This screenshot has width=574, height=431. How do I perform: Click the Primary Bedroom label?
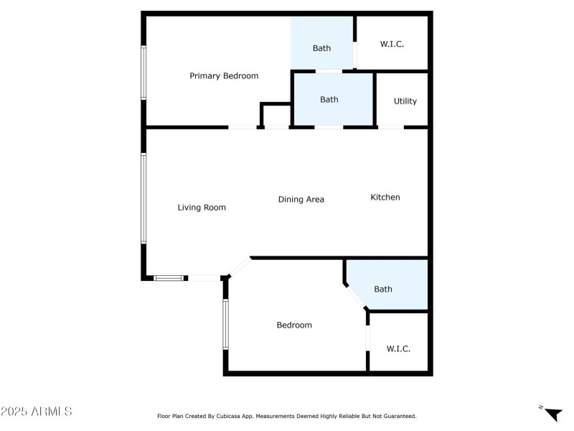click(x=224, y=76)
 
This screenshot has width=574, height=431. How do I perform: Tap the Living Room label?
click(x=202, y=208)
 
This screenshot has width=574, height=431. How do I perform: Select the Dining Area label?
click(x=301, y=200)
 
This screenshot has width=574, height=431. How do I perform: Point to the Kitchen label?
click(x=385, y=198)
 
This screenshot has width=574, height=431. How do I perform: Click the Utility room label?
click(x=405, y=101)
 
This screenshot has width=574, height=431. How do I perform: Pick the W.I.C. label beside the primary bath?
click(x=392, y=45)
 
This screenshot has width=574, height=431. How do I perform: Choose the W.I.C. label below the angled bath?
click(x=398, y=349)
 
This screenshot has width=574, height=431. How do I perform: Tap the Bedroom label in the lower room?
click(x=294, y=325)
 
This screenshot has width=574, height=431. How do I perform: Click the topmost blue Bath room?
click(x=321, y=43)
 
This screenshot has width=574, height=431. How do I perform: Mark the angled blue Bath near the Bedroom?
click(x=387, y=286)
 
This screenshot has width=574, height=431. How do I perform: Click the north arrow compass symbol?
click(x=552, y=414)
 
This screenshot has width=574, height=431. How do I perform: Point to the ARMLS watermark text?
click(x=37, y=412)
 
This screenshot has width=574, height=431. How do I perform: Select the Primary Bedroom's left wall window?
click(x=143, y=73)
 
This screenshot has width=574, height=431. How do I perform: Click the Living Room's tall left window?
click(x=143, y=198)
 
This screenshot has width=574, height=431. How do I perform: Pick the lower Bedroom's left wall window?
click(x=225, y=325)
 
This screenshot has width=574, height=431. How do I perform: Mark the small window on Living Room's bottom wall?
click(x=169, y=278)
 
